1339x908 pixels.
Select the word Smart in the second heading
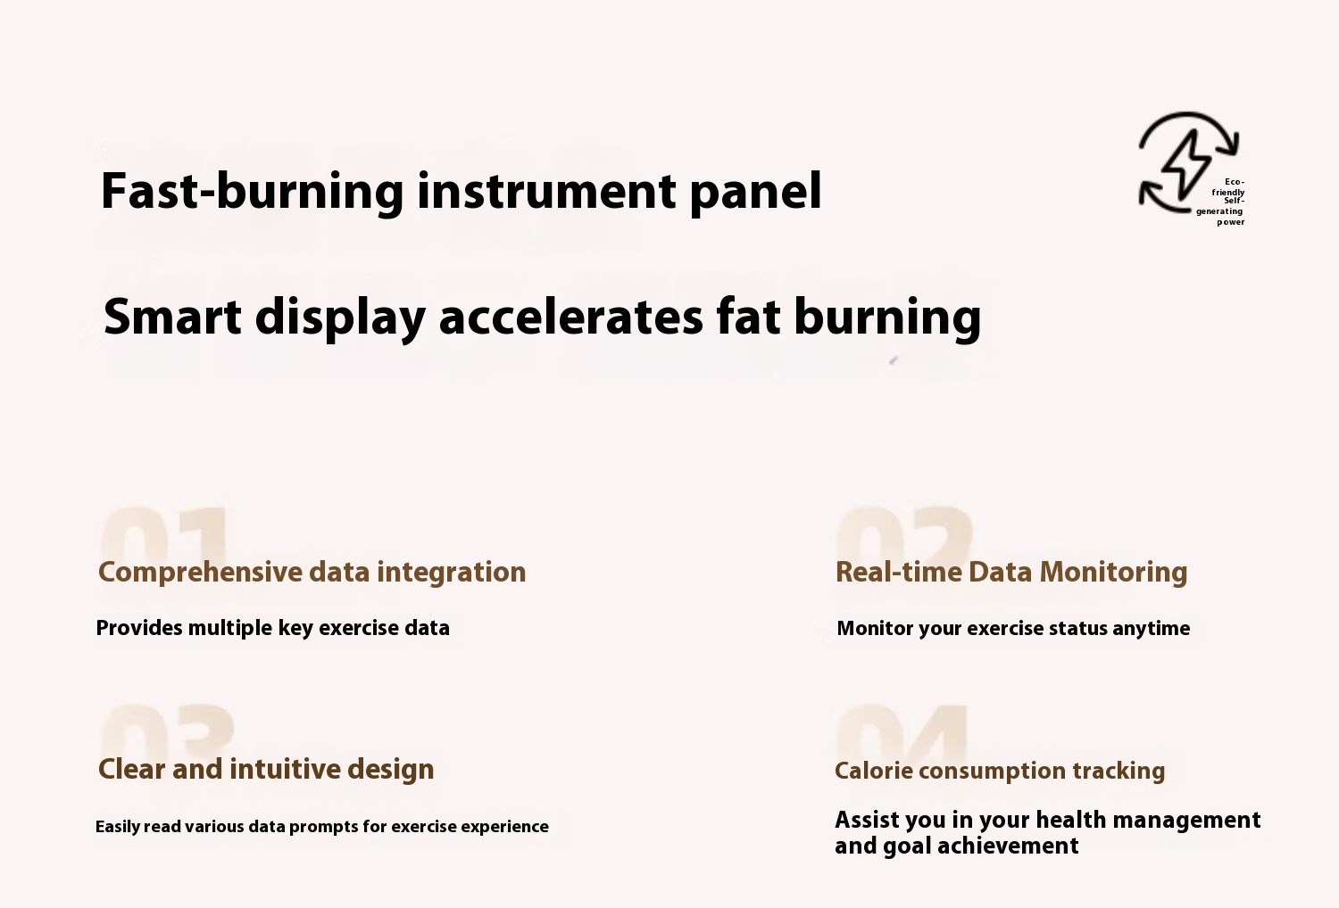pyautogui.click(x=172, y=316)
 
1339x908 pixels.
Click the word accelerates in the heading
pyautogui.click(x=571, y=317)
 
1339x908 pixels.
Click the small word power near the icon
pyautogui.click(x=1231, y=222)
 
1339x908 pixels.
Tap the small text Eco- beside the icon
pyautogui.click(x=1235, y=182)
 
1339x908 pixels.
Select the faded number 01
pyautogui.click(x=164, y=534)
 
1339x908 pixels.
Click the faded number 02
pyautogui.click(x=903, y=534)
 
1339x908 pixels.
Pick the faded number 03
pyautogui.click(x=168, y=731)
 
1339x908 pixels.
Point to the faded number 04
pyautogui.click(x=902, y=733)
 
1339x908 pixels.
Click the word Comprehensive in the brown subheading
pyautogui.click(x=200, y=573)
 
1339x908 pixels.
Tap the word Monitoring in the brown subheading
pyautogui.click(x=1114, y=573)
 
